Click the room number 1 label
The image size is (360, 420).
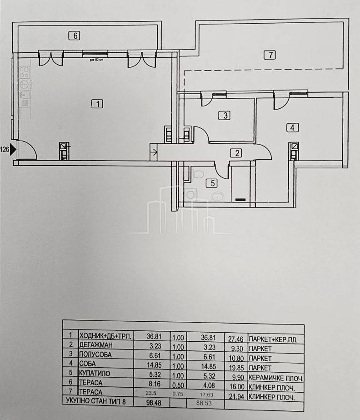click(97, 104)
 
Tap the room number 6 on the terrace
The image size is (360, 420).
click(75, 35)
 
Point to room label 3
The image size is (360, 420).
click(225, 115)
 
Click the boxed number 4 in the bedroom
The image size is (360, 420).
click(292, 128)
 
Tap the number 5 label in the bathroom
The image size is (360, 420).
click(211, 183)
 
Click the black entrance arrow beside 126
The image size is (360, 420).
click(13, 149)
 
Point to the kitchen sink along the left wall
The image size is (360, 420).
click(25, 84)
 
